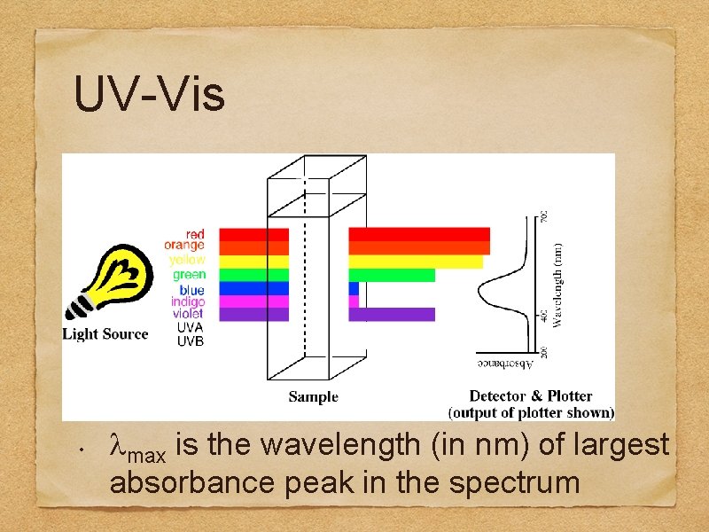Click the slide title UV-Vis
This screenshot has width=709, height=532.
pyautogui.click(x=150, y=95)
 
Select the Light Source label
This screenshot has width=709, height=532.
pyautogui.click(x=105, y=334)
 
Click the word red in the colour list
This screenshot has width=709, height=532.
pyautogui.click(x=194, y=234)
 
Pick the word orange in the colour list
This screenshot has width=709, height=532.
pyautogui.click(x=184, y=246)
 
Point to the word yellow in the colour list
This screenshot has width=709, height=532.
pyautogui.click(x=187, y=260)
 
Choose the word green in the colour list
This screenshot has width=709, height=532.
pyautogui.click(x=189, y=275)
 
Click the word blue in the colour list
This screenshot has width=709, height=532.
pyautogui.click(x=191, y=290)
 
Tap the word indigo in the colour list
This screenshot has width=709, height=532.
pyautogui.click(x=188, y=302)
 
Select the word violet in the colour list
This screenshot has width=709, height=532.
pyautogui.click(x=187, y=314)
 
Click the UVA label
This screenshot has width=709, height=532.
pyautogui.click(x=190, y=327)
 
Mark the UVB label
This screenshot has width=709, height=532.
pyautogui.click(x=190, y=341)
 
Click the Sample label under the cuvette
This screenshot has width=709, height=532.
pyautogui.click(x=313, y=396)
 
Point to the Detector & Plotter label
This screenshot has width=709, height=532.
pyautogui.click(x=531, y=396)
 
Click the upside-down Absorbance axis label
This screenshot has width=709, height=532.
pyautogui.click(x=505, y=364)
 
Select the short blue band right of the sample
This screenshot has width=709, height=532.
pyautogui.click(x=354, y=288)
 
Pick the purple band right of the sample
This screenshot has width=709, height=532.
pyautogui.click(x=392, y=314)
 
